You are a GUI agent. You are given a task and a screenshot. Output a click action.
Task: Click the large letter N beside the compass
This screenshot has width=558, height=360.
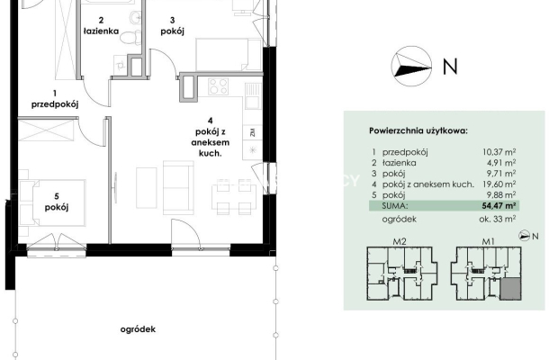[450, 67]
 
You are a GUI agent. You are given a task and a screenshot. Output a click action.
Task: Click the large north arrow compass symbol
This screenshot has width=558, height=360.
[411, 67]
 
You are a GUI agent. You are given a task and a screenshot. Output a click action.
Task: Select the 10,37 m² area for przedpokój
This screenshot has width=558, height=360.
[499, 152]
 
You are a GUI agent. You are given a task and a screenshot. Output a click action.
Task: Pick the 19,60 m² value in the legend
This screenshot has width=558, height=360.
[499, 184]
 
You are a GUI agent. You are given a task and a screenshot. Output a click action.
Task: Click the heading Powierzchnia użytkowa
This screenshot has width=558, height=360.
[418, 130]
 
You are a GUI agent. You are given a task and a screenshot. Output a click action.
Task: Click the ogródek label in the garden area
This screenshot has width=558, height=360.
[138, 329]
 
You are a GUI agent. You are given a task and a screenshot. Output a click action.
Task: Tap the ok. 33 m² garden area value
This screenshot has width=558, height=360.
[498, 219]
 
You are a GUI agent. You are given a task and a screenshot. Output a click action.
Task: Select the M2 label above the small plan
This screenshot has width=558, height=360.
[400, 241]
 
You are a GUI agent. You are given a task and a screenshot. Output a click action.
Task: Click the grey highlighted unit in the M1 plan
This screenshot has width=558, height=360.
[510, 289]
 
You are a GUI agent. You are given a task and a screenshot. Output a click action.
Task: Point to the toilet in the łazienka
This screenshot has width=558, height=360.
[130, 38]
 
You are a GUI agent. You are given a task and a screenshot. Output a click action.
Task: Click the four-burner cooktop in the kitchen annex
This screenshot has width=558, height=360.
[218, 86]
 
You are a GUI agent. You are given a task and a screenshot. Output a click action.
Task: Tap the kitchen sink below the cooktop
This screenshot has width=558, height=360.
[253, 96]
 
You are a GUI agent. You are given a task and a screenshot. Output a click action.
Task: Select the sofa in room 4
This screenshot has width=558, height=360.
[178, 187]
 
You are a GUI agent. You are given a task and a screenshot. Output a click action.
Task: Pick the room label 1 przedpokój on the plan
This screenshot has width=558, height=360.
[55, 99]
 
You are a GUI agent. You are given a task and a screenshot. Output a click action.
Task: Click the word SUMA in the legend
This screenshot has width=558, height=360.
[395, 205]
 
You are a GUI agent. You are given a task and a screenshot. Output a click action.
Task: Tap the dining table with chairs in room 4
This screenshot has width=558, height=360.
[234, 197]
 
